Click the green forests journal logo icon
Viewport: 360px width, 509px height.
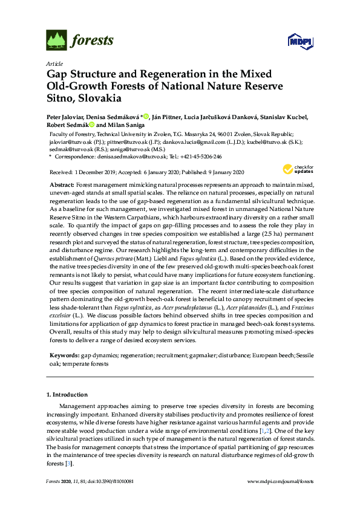55,41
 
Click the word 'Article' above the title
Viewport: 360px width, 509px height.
54,63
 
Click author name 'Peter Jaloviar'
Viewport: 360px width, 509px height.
67,117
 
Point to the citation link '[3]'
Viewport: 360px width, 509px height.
70,464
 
